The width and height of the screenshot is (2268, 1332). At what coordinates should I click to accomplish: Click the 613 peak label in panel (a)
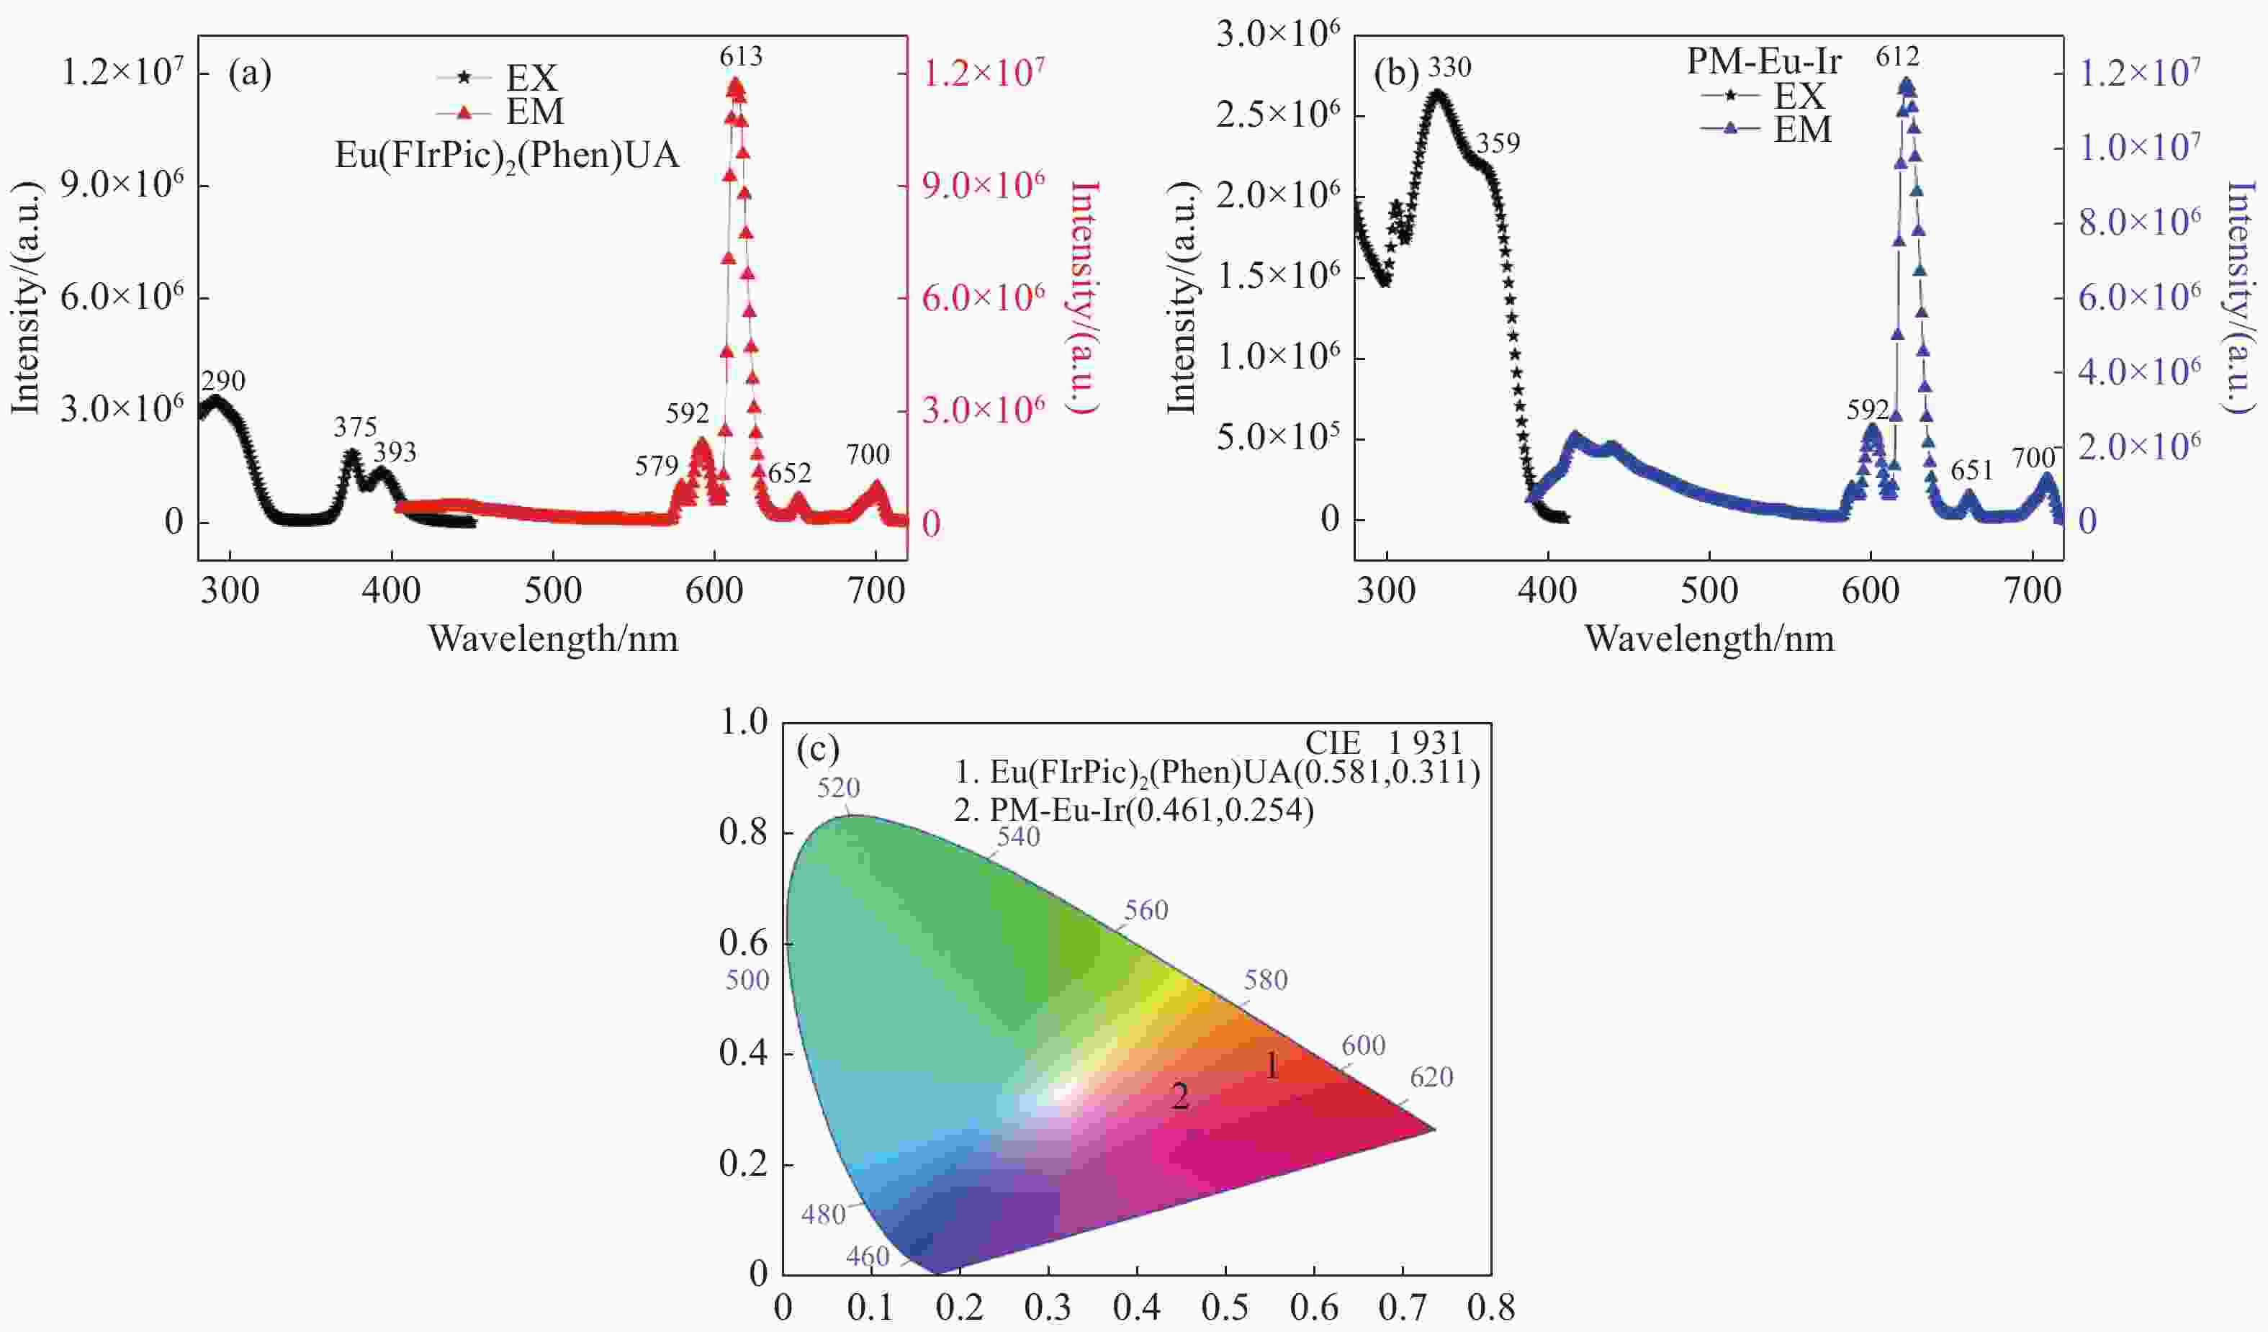[740, 58]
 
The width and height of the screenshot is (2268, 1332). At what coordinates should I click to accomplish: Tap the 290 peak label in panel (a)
[223, 382]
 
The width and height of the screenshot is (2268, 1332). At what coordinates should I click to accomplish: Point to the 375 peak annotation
[356, 426]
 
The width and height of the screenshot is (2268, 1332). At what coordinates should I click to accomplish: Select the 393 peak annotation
[395, 452]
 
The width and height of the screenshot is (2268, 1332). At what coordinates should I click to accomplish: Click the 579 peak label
[656, 467]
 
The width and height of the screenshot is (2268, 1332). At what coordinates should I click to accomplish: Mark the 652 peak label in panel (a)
[789, 474]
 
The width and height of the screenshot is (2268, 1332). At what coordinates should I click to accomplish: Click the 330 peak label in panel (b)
[1449, 68]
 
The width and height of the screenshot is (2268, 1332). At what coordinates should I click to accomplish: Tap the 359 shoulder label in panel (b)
[1498, 143]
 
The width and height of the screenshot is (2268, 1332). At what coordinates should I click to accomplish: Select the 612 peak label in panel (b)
[1897, 58]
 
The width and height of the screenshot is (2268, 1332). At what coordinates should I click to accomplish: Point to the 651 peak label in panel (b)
[1972, 471]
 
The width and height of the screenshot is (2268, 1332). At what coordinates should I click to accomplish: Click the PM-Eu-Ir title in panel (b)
[1764, 61]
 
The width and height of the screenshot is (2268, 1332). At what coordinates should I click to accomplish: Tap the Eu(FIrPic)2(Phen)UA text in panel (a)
[507, 157]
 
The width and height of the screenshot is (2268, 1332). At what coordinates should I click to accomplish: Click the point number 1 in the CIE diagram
[1272, 1067]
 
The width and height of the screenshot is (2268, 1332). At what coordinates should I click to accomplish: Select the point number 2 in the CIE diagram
[1179, 1096]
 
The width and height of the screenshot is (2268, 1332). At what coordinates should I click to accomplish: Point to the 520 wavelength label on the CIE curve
[838, 788]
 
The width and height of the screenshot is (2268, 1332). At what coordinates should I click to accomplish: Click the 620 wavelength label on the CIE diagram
[1431, 1077]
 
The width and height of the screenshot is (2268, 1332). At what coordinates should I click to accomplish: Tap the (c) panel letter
[817, 750]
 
